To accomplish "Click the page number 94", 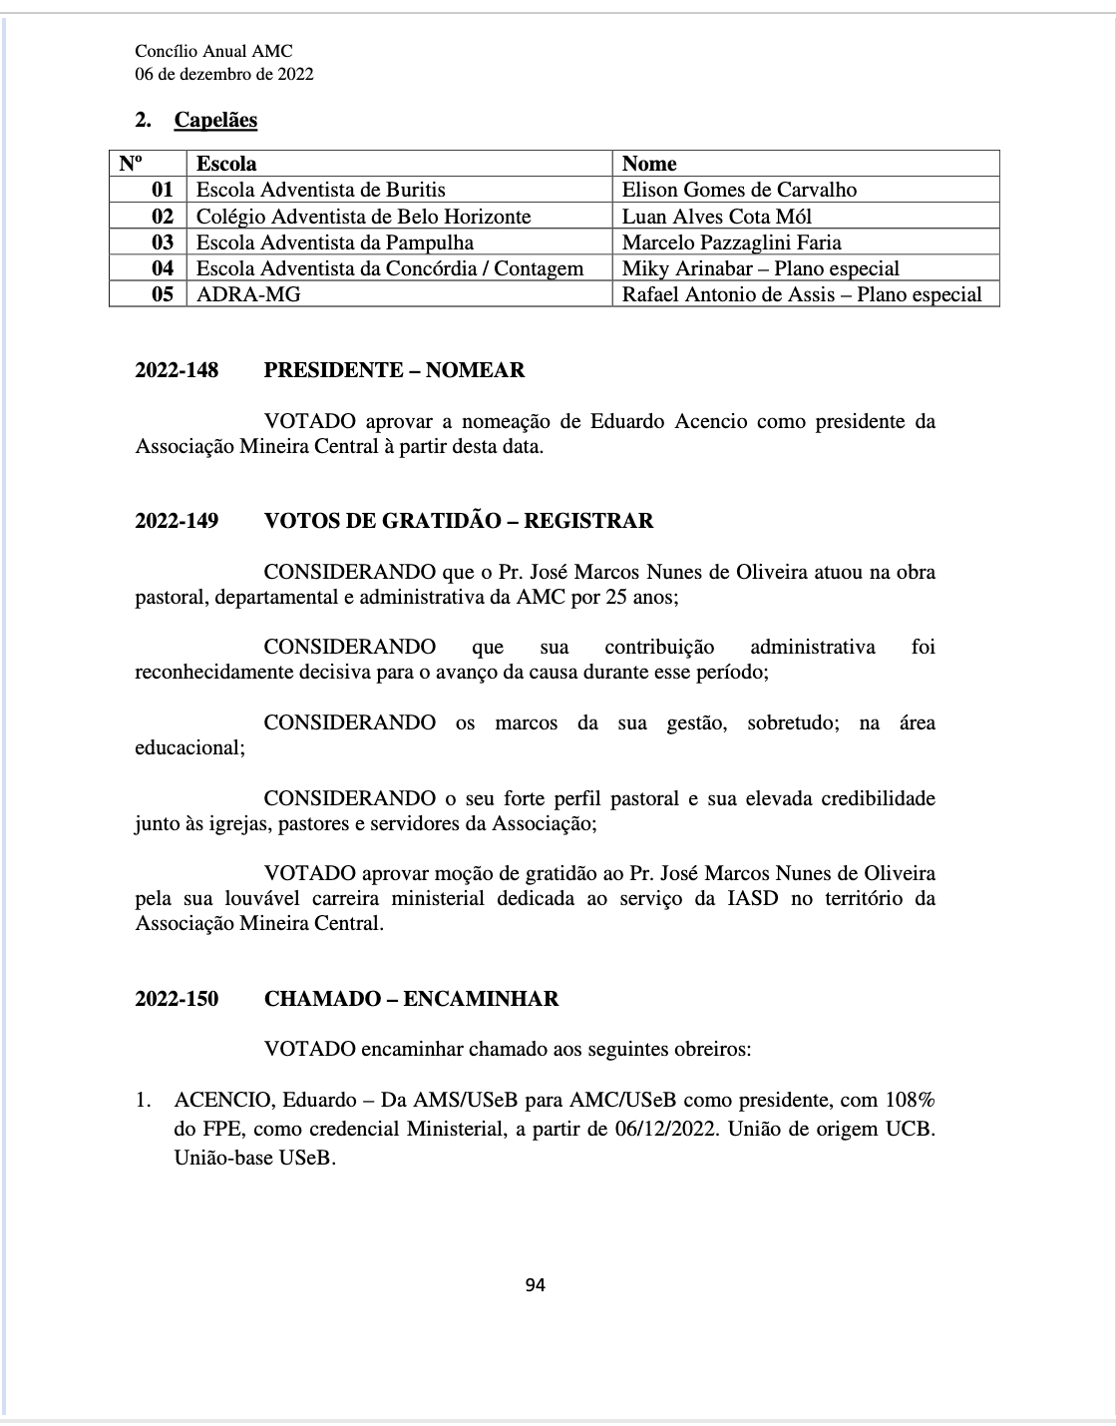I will [535, 1284].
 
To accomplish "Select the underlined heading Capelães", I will [215, 120].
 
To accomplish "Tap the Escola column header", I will [226, 164].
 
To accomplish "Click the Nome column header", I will [649, 164].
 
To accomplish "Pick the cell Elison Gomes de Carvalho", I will [739, 190].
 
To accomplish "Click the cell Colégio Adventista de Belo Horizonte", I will [363, 217].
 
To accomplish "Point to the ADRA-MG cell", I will [248, 293].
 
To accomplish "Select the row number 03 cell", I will [162, 242].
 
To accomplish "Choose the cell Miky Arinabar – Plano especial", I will [760, 268].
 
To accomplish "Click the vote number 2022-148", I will [177, 370].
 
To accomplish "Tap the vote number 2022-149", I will [177, 521].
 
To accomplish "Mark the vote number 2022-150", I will [177, 999].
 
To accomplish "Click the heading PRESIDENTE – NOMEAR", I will [394, 370].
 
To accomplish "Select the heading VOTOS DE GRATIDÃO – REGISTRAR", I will [459, 521].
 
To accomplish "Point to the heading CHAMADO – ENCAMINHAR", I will [411, 999].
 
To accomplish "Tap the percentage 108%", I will [910, 1100].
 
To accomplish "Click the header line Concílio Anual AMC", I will [213, 52].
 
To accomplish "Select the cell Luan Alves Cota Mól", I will [716, 217].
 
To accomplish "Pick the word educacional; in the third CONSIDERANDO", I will [189, 747].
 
